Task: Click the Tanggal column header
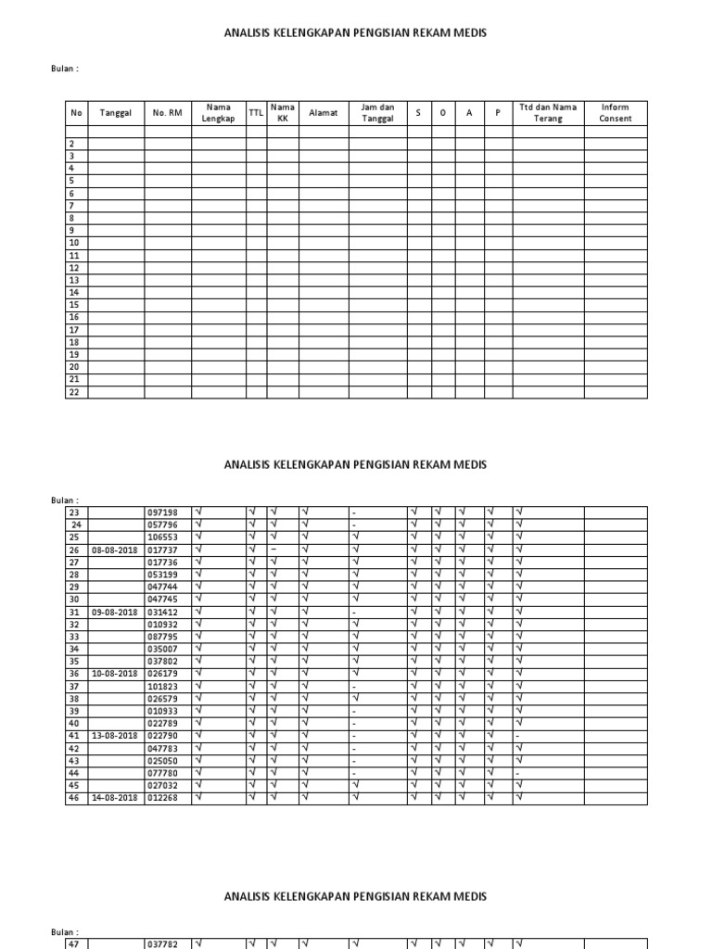pos(116,113)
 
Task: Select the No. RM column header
pos(168,113)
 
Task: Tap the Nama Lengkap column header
pos(218,113)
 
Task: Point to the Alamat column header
pos(323,113)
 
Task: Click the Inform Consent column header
pos(616,113)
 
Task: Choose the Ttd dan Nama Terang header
pos(548,113)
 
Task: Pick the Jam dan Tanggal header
pos(377,113)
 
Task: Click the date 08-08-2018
pos(115,550)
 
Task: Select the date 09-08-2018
pos(115,612)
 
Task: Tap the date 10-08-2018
pos(115,674)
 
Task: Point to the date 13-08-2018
pos(115,736)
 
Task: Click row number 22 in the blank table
pos(73,392)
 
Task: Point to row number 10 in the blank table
pos(73,243)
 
